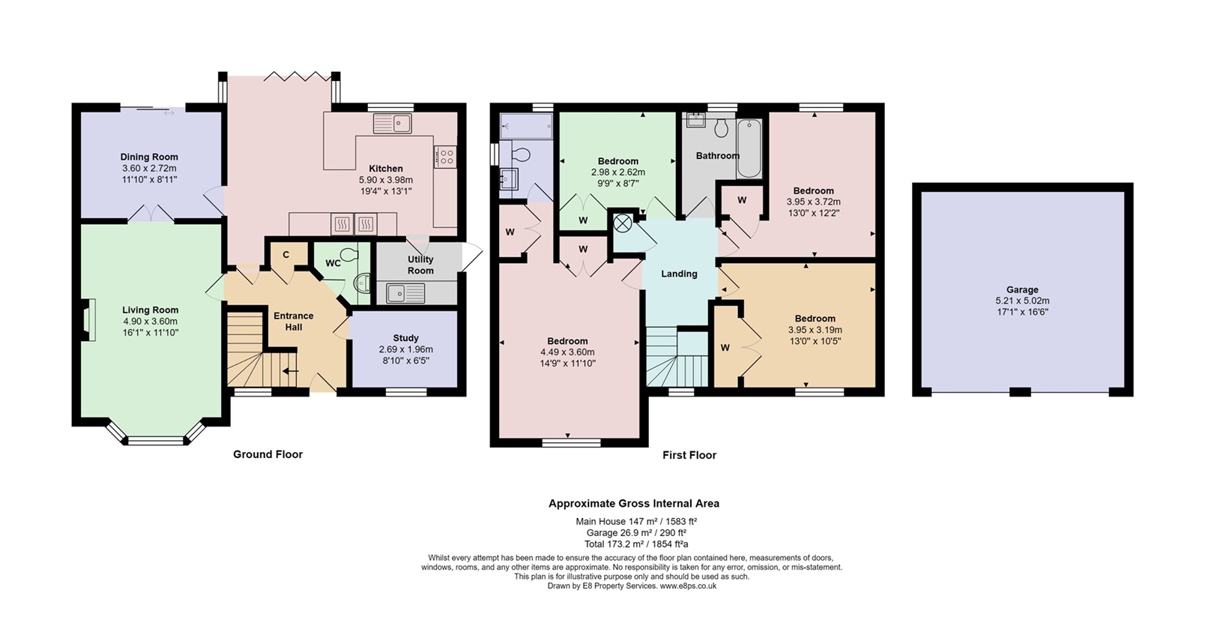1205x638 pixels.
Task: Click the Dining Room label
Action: tap(149, 157)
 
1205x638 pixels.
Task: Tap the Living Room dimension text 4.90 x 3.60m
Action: tap(150, 322)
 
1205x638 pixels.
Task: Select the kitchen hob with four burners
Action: tap(445, 157)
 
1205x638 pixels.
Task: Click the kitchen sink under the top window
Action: tap(393, 123)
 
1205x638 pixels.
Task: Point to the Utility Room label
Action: tap(420, 265)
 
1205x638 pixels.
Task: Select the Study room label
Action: tap(405, 337)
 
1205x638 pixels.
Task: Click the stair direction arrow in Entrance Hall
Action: tap(291, 371)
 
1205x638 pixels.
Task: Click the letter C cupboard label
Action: tap(286, 255)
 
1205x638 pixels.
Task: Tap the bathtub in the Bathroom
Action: tap(749, 148)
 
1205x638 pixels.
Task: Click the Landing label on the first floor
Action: tap(679, 274)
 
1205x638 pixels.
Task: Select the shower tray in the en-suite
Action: tap(526, 127)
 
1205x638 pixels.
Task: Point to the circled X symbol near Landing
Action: tap(623, 223)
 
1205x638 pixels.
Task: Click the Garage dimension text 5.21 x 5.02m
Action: tap(1022, 301)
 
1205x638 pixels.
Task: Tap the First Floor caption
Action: tap(689, 455)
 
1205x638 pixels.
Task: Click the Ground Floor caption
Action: tap(268, 454)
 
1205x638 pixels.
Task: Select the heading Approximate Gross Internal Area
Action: tap(634, 503)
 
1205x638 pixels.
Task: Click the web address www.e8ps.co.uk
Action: tap(688, 586)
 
